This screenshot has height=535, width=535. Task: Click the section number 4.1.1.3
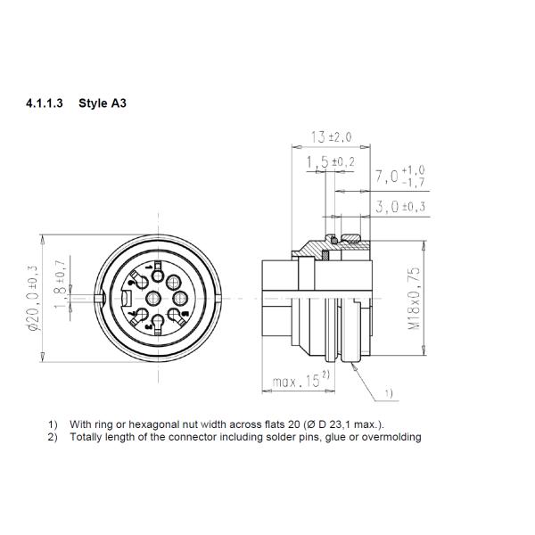(46, 103)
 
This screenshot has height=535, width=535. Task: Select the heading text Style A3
(103, 103)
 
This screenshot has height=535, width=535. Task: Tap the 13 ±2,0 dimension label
(332, 137)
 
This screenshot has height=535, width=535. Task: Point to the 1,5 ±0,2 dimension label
(329, 162)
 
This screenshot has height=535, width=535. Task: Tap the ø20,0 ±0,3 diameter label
(33, 298)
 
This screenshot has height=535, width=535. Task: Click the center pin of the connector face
(152, 299)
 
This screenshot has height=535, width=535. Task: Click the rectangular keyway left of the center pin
(128, 299)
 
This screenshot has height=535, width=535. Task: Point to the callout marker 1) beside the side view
(389, 392)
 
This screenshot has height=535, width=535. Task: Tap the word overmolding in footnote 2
(391, 437)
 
